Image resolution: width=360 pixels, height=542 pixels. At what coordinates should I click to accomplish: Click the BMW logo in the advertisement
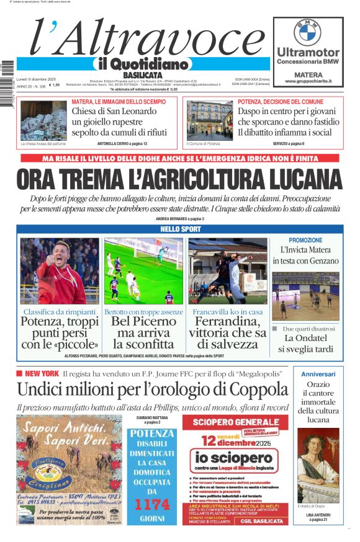tap(307, 31)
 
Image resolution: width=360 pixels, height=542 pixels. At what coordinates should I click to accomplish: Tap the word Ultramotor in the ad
tap(308, 53)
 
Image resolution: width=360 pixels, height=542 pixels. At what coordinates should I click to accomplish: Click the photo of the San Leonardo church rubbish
tap(43, 120)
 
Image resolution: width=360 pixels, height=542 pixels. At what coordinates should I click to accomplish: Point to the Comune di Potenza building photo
tap(209, 120)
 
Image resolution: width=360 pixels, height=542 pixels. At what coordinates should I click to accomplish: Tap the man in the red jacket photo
tap(60, 271)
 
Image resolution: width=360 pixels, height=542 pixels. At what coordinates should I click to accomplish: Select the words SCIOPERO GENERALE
tap(231, 424)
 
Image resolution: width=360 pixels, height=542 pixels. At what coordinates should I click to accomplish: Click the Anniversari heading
tap(318, 374)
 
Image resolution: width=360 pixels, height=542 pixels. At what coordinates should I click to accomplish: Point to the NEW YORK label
tap(42, 373)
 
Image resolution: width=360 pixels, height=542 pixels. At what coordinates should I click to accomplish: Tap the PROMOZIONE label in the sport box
tap(305, 240)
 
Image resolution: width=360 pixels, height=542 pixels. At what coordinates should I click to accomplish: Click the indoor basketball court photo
tap(305, 295)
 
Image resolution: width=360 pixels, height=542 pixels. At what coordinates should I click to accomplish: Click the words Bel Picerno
tap(143, 322)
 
